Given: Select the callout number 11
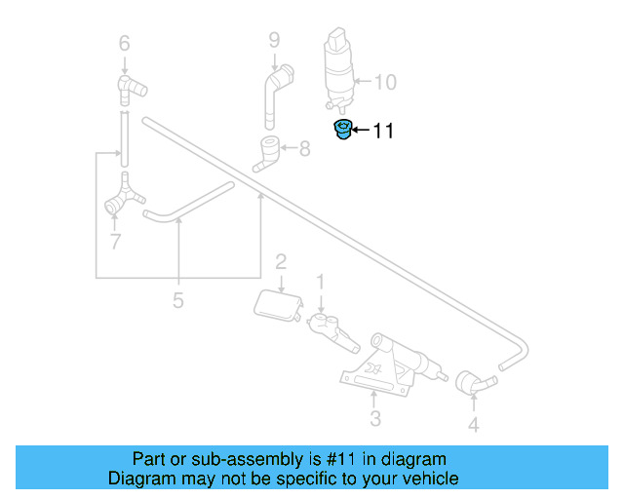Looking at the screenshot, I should click(383, 131).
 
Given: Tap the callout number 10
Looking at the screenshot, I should click(385, 82).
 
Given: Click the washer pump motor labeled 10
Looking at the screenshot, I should click(339, 69).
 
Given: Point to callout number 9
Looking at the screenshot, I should click(274, 41).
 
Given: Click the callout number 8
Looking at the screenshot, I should click(304, 149).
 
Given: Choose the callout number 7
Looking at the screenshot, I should click(115, 240).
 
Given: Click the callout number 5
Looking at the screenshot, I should click(177, 301).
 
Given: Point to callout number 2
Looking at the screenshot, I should click(281, 261).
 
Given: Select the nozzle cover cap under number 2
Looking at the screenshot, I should click(276, 305).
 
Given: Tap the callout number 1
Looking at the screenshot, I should click(319, 282).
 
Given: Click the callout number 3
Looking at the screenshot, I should click(374, 420).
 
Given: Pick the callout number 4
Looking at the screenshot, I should click(473, 425).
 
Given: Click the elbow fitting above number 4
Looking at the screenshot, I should click(472, 383).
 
